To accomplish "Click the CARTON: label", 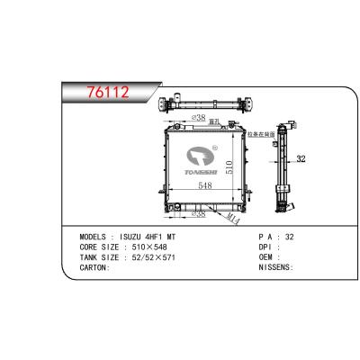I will click(x=94, y=268).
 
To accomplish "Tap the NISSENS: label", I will click(x=276, y=268).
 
